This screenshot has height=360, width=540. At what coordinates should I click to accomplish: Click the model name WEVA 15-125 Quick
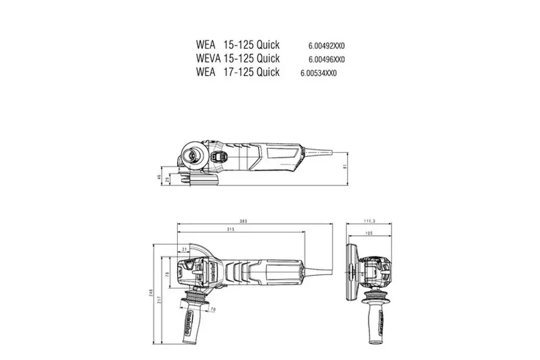coord(237,58)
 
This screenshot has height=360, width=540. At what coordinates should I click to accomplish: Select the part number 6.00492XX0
coord(326,45)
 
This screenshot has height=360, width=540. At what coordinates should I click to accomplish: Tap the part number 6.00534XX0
coord(318,73)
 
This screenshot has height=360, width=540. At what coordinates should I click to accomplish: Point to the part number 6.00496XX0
coord(326,59)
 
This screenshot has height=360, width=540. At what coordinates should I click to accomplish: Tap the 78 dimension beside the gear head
coord(168,274)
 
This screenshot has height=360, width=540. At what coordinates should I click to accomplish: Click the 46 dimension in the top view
coord(160,177)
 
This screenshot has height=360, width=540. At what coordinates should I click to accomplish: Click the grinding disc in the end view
coord(353,275)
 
